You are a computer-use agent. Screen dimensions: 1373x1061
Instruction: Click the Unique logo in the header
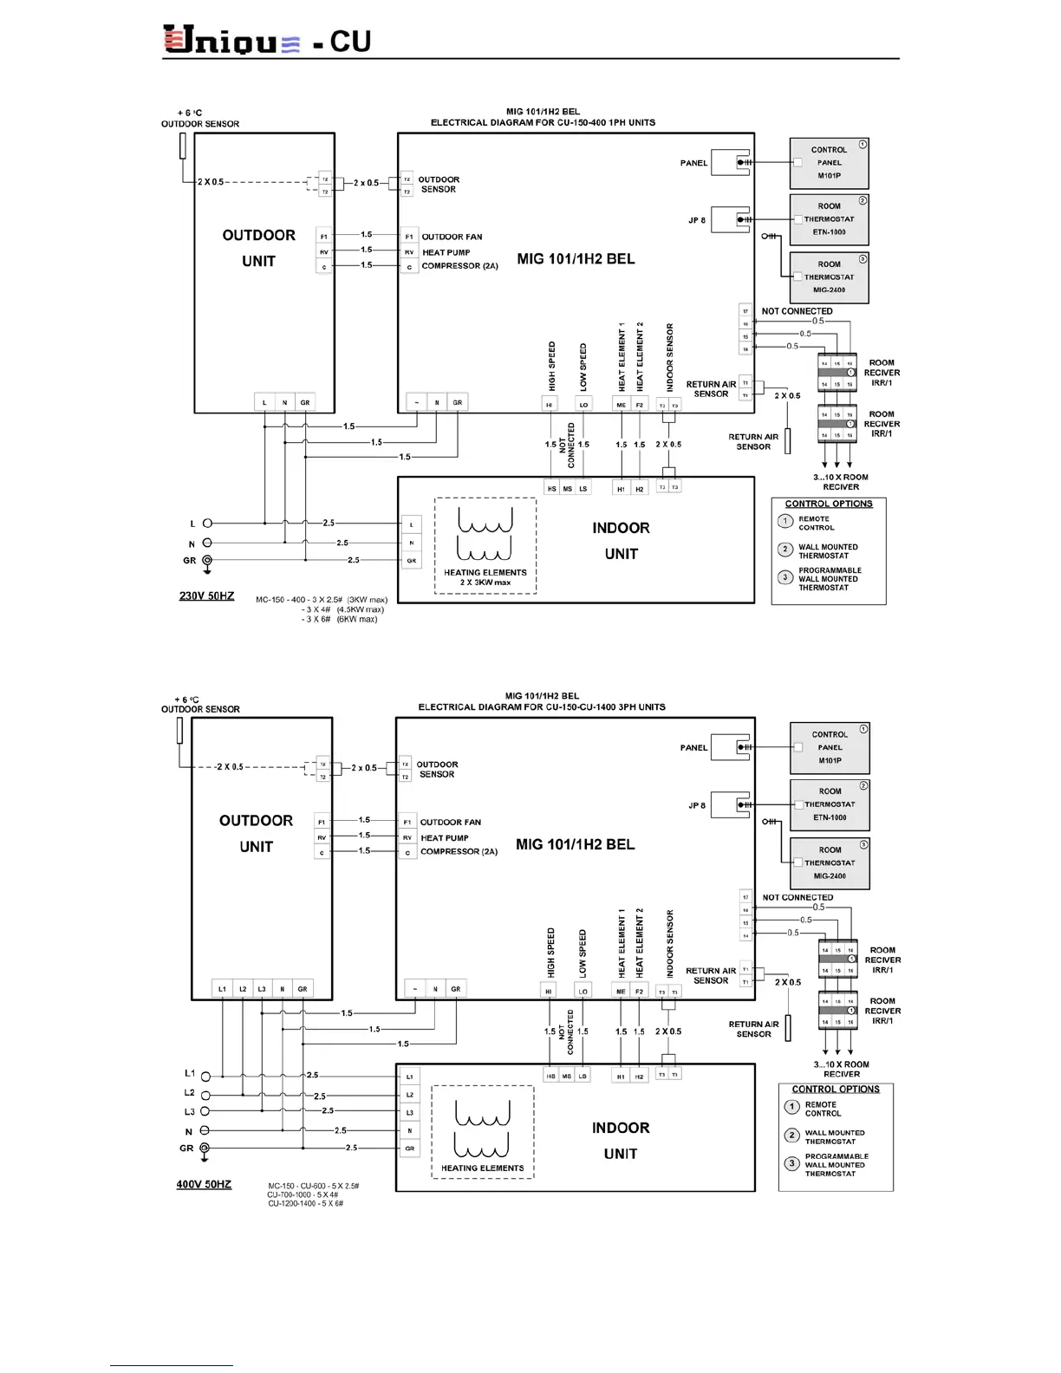(231, 40)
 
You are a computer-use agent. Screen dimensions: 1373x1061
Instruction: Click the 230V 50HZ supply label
(206, 595)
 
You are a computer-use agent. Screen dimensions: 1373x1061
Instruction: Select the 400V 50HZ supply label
(204, 1184)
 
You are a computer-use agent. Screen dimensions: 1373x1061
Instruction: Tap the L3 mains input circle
(205, 1111)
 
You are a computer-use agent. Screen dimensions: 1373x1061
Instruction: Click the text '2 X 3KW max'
(485, 582)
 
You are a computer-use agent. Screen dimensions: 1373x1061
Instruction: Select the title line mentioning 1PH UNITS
(543, 122)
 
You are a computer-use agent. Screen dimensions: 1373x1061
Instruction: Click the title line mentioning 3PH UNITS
(542, 707)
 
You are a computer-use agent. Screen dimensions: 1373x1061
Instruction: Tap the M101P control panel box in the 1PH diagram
(829, 163)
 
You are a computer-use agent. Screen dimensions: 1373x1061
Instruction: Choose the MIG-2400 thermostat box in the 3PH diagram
(830, 863)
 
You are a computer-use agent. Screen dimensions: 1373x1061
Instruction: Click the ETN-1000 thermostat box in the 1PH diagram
(829, 219)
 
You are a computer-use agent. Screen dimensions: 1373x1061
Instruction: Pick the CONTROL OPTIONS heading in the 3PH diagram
(836, 1090)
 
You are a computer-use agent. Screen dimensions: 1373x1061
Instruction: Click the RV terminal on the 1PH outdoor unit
(323, 252)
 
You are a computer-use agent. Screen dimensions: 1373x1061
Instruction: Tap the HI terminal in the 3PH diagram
(549, 991)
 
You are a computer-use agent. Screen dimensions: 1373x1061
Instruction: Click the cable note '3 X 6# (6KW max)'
(340, 620)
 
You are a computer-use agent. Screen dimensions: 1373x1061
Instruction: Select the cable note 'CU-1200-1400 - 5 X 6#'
(306, 1204)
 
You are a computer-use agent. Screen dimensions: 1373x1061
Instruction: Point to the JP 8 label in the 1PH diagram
(697, 220)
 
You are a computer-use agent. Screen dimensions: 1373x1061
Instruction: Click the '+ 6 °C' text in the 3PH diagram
(186, 700)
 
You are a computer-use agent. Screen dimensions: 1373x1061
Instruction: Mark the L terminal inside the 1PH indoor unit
(411, 524)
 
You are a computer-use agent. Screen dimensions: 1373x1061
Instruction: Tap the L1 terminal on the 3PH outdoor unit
(223, 989)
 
